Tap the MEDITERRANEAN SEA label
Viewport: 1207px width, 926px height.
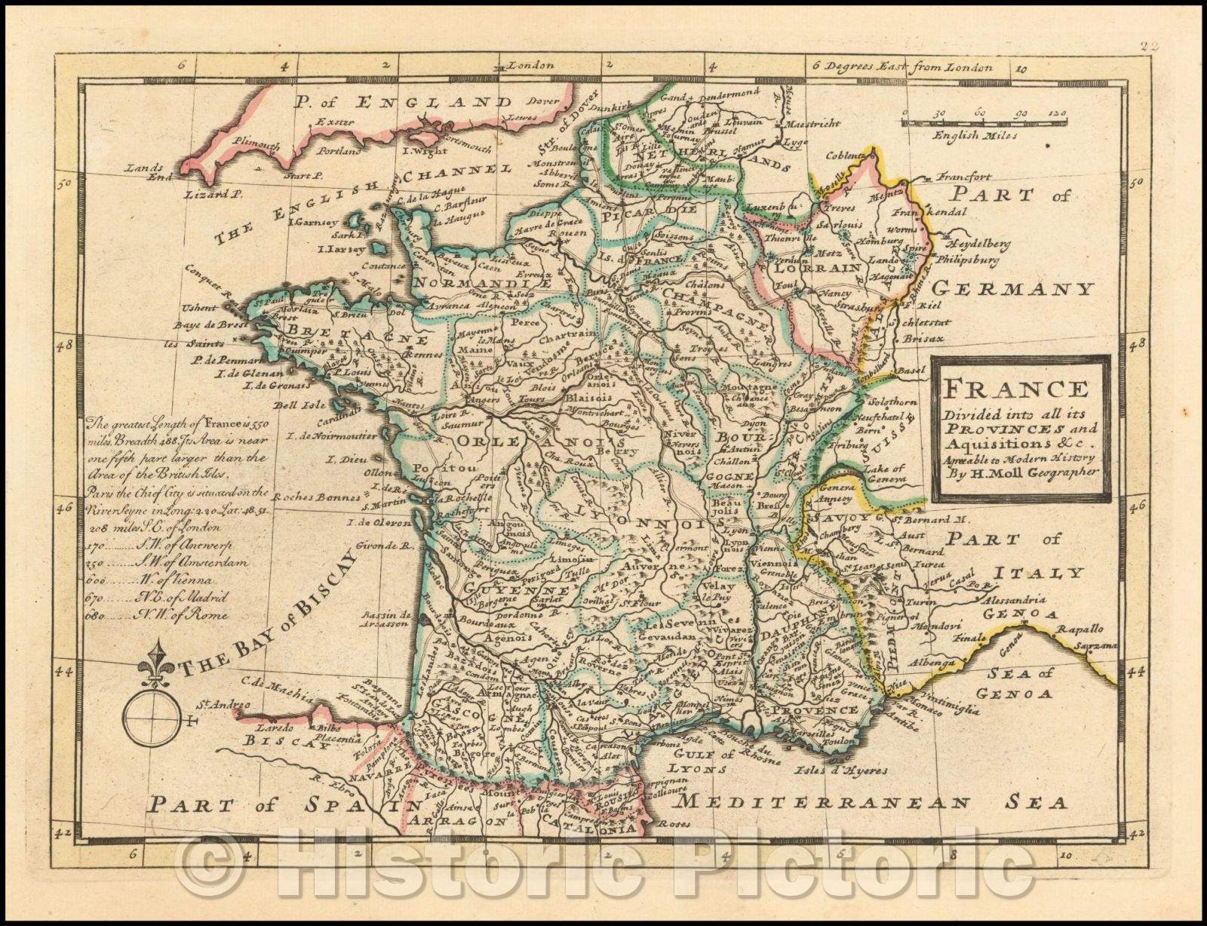pyautogui.click(x=873, y=801)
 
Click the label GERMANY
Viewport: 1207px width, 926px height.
pyautogui.click(x=1013, y=288)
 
